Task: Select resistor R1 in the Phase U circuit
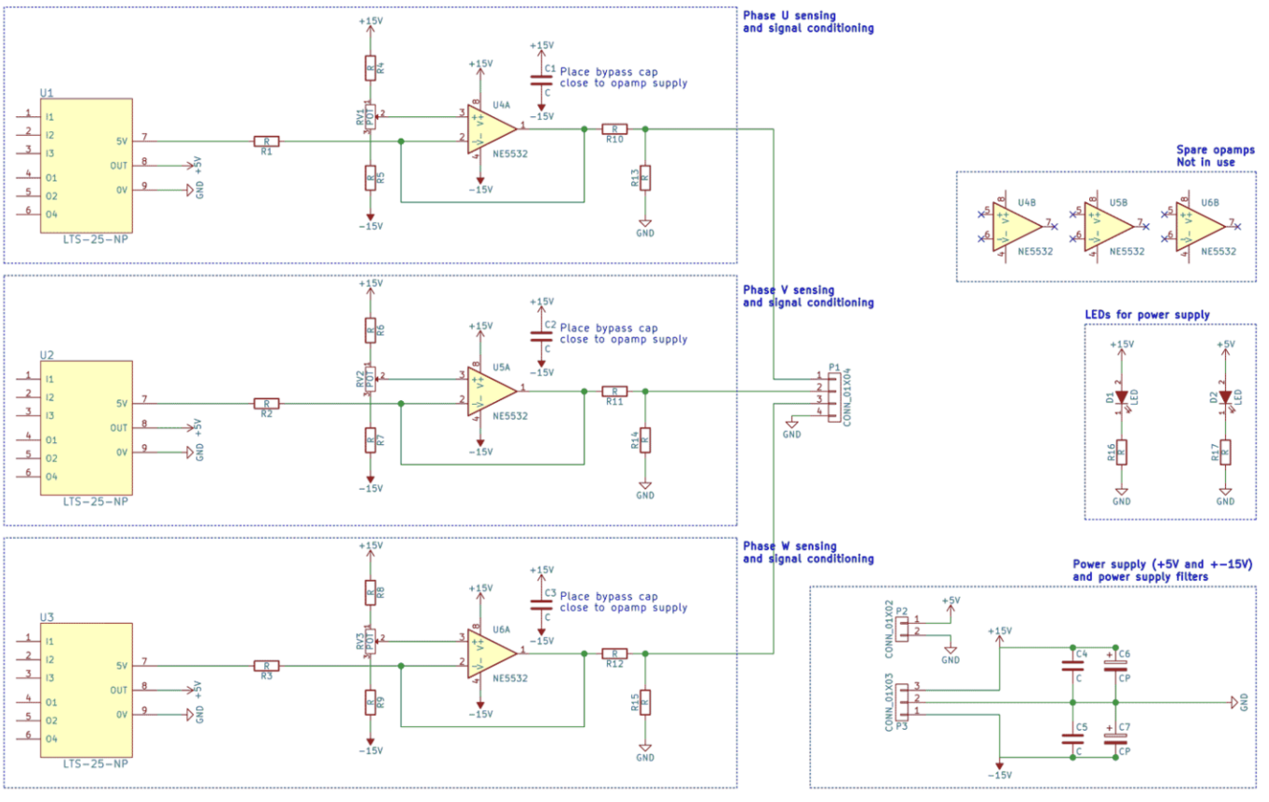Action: pos(266,141)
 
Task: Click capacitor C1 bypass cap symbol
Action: pos(540,81)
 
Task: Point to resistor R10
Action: pos(613,128)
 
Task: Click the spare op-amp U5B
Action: pos(1114,226)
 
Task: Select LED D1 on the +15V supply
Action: pos(1121,397)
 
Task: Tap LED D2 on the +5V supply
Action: pos(1225,397)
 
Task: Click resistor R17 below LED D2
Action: pos(1225,453)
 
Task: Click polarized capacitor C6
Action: pos(1114,666)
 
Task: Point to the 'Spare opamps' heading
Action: pos(1215,150)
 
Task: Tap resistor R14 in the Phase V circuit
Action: pos(645,439)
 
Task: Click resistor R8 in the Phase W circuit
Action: pos(370,591)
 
